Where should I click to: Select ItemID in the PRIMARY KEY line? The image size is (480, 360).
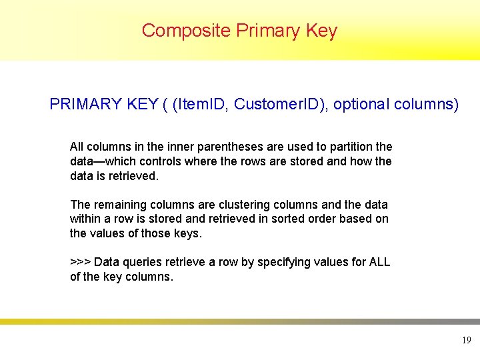[x=203, y=105]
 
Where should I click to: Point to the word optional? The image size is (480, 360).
[x=362, y=105]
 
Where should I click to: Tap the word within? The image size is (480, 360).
[x=85, y=219]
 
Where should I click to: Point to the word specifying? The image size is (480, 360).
[x=283, y=263]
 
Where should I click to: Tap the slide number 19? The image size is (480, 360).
[x=466, y=341]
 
